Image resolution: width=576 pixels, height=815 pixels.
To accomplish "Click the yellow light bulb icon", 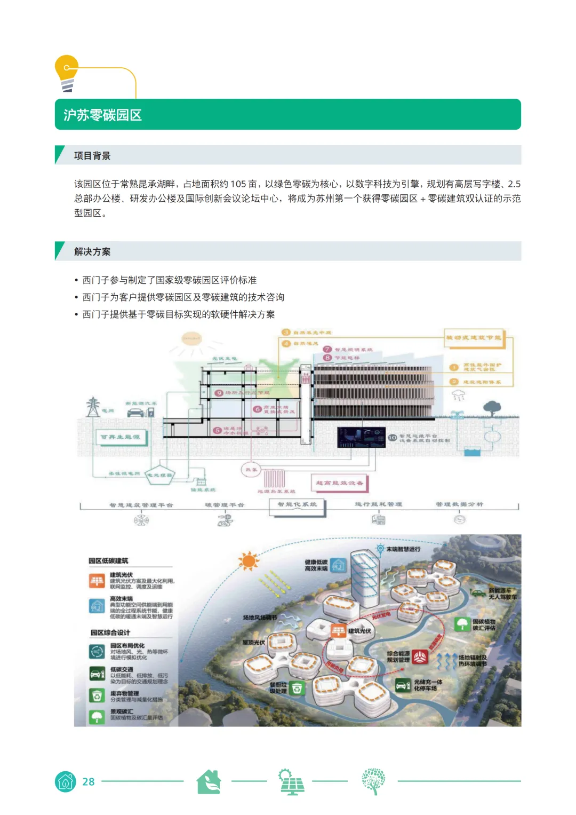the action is pos(67,73).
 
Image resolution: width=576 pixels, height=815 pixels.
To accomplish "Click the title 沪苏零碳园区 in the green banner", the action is pos(102,115).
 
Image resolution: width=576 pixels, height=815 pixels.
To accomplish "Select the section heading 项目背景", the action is pos(92,156).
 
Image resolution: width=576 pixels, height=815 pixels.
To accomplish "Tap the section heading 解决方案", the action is pos(92,252).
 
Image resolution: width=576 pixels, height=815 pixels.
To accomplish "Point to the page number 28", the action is pos(88,782).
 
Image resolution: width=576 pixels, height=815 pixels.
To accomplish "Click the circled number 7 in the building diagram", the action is pos(328,349).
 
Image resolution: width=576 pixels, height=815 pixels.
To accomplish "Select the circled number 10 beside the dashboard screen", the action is pos(393,438).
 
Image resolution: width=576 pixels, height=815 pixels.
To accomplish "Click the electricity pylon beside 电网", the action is pos(93,407).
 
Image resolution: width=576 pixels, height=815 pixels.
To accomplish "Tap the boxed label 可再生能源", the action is pos(121,437).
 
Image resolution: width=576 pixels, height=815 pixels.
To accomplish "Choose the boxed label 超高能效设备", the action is pos(340,483).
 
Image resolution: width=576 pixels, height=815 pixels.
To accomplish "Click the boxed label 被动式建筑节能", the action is pos(474,337).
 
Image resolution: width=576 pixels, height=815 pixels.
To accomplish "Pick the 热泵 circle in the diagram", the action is pos(251,470).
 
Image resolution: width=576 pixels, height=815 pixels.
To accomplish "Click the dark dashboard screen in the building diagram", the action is pos(361,437).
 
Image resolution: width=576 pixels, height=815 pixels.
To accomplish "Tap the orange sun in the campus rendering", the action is pos(249,561).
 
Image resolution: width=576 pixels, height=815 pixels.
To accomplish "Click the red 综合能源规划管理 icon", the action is pos(420,656).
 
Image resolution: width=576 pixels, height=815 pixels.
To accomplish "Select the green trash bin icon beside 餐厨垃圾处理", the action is pos(297,688).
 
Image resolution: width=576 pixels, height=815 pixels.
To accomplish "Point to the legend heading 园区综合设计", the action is pos(110,632).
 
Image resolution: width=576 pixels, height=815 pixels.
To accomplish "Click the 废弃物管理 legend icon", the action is pos(97,696).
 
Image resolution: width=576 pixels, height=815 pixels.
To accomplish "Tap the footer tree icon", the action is pos(373,781).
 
